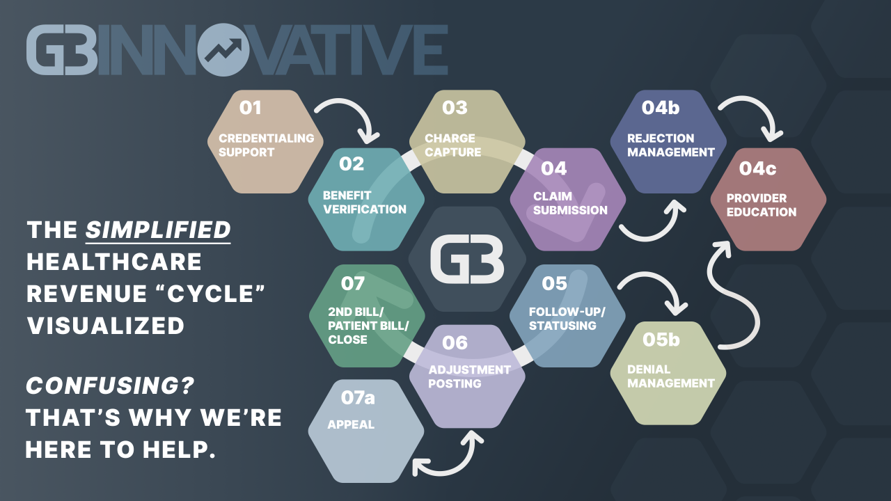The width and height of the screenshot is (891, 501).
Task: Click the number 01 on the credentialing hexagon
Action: tap(250, 108)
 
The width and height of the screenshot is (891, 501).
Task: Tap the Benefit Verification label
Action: tap(364, 202)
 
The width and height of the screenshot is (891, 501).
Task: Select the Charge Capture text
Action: tap(452, 145)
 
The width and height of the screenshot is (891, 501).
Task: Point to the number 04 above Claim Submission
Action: tap(553, 168)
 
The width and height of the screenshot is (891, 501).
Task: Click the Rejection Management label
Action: tap(670, 145)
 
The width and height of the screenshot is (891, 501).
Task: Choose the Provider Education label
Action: tap(762, 205)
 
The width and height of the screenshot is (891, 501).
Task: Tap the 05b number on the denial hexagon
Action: tap(661, 340)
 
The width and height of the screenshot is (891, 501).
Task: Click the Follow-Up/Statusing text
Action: tap(567, 319)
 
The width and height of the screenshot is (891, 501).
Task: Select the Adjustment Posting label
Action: tap(469, 376)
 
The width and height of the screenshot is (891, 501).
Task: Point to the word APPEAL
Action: tap(350, 424)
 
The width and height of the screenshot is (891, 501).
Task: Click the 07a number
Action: tap(358, 397)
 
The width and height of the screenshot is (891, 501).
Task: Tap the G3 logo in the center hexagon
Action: tap(467, 260)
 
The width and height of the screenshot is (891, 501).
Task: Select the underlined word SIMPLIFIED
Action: tap(158, 230)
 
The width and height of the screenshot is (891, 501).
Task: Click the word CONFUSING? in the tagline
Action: tap(110, 385)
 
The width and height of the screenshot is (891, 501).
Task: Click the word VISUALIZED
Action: tap(105, 326)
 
